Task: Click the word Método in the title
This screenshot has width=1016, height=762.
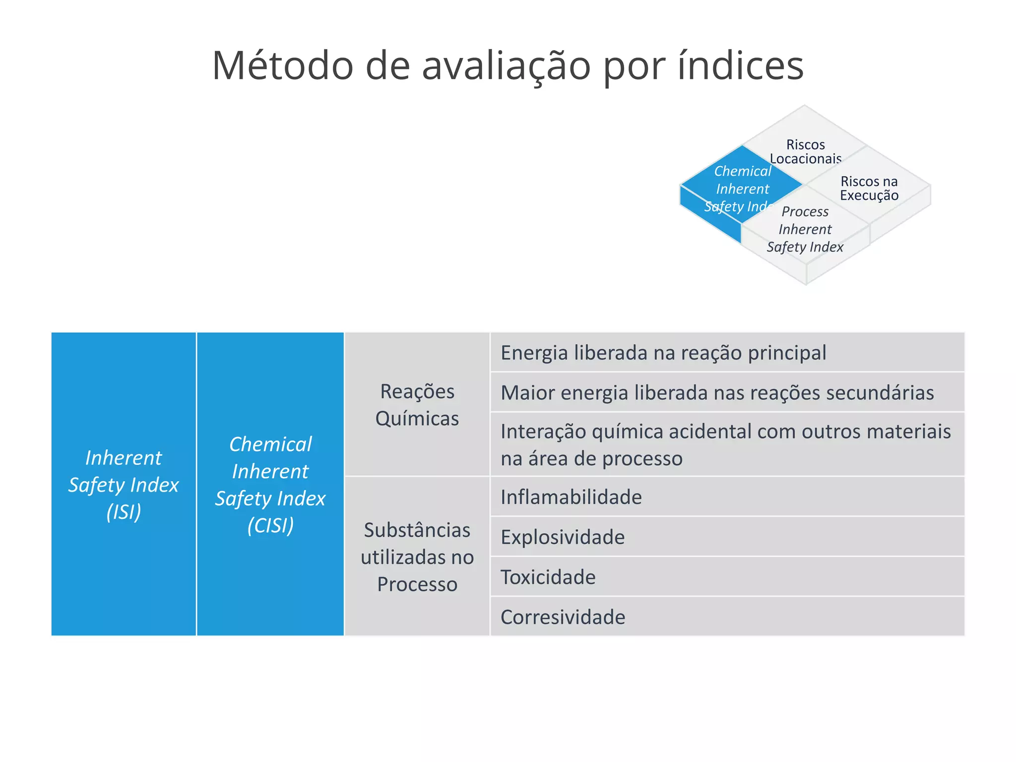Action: point(282,65)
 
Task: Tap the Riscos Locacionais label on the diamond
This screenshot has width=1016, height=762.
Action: point(805,151)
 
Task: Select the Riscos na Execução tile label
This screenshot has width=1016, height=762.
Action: point(869,188)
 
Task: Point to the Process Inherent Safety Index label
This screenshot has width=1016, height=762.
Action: point(805,229)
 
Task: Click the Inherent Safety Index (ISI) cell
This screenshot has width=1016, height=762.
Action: point(124,484)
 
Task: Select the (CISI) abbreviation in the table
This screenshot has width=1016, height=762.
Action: point(270,525)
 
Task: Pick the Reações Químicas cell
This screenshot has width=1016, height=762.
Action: point(417,404)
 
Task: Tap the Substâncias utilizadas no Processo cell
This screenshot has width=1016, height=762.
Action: point(417,557)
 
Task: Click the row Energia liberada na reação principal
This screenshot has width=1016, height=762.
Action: point(663,353)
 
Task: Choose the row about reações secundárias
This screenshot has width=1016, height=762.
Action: point(717,392)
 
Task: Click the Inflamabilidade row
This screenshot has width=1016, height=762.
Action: point(571,497)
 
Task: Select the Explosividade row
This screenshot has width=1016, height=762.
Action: point(562,537)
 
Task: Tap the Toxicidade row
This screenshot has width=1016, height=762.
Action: point(548,577)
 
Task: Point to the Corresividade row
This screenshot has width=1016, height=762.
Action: point(563,617)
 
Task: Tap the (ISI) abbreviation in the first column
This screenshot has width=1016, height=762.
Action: point(124,511)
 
